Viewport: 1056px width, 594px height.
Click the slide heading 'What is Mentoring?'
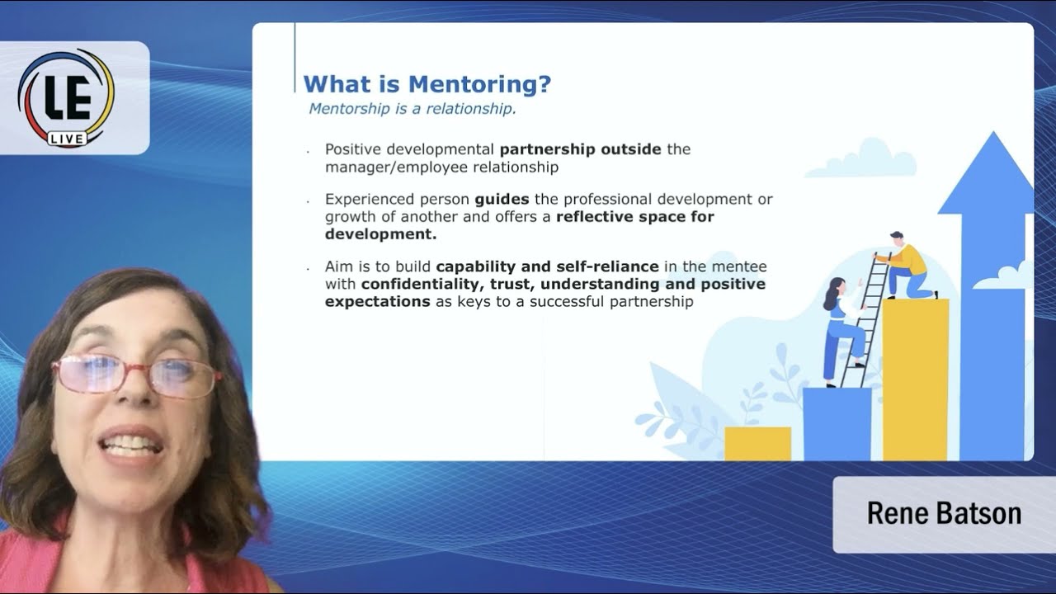pyautogui.click(x=427, y=84)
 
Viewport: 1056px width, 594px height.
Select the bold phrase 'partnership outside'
pyautogui.click(x=580, y=149)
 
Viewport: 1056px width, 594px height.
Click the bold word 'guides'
pyautogui.click(x=502, y=200)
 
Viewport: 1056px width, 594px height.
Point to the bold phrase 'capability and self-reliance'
pyautogui.click(x=547, y=266)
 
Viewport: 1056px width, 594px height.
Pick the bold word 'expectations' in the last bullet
pyautogui.click(x=377, y=302)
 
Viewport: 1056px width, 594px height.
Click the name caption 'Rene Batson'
pyautogui.click(x=944, y=513)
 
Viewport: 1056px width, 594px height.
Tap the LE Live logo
pyautogui.click(x=66, y=97)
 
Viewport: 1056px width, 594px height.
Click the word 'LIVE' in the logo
pyautogui.click(x=66, y=139)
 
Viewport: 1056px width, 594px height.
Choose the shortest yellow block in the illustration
pyautogui.click(x=757, y=443)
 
